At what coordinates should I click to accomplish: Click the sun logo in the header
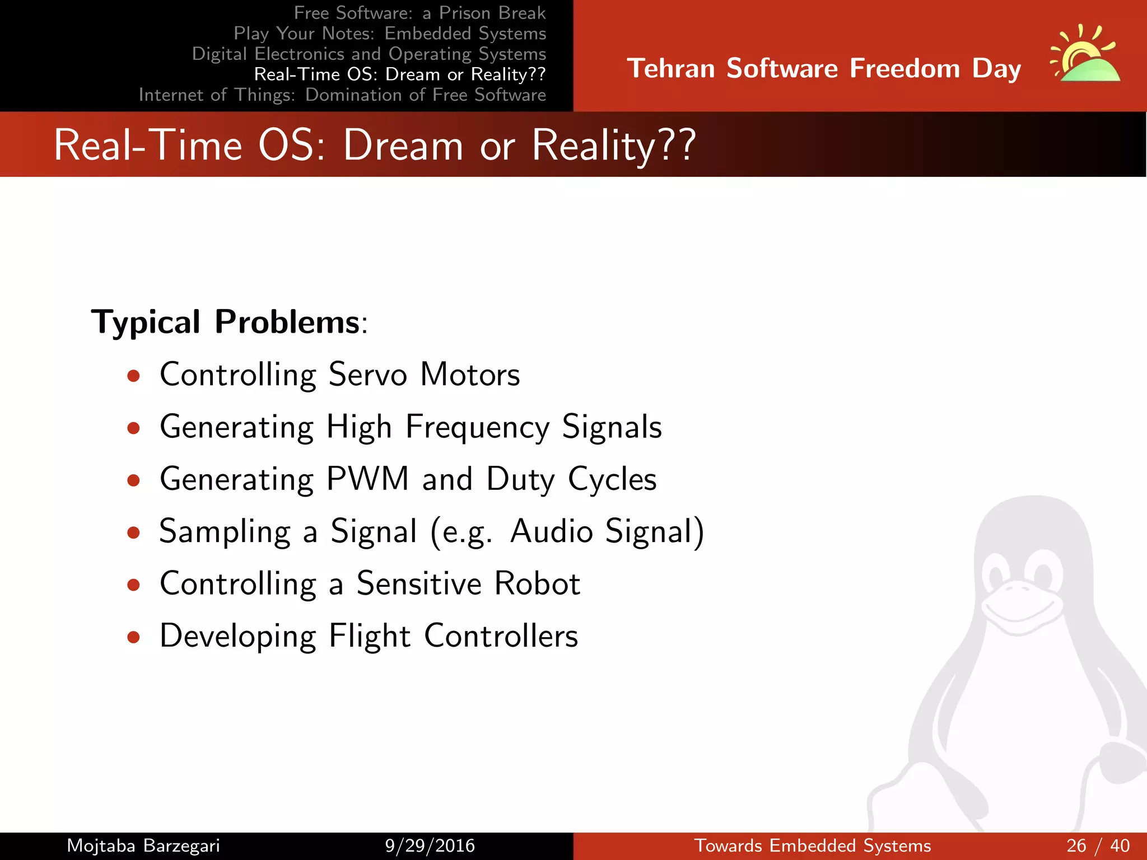click(1085, 56)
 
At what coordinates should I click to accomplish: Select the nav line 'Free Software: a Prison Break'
click(419, 13)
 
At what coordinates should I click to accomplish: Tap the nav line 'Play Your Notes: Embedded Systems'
click(390, 34)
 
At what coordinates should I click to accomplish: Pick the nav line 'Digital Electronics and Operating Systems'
click(369, 54)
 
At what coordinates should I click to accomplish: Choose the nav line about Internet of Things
click(342, 95)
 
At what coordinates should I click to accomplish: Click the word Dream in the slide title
click(403, 146)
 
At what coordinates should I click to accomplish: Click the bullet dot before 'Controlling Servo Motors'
click(133, 376)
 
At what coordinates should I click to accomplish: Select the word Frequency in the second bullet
click(477, 427)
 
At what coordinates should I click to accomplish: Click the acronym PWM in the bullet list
click(367, 479)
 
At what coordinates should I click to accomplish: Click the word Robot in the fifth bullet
click(537, 583)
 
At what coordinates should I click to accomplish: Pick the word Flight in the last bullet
click(370, 636)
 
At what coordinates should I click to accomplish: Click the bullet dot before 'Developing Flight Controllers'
click(133, 637)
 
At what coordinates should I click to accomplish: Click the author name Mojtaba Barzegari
click(143, 845)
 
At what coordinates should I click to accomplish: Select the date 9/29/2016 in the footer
click(430, 845)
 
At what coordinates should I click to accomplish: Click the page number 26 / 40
click(1098, 845)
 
